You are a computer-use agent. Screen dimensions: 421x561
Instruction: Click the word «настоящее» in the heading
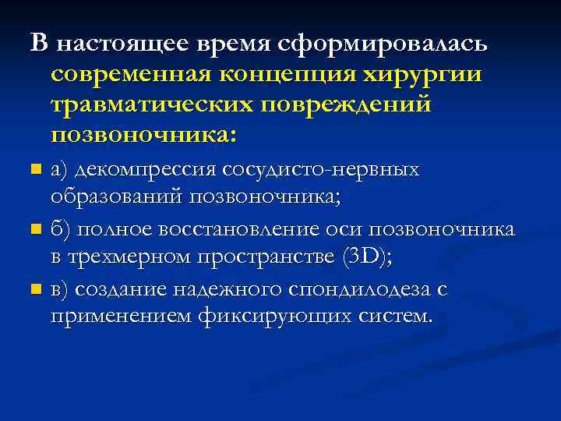tap(115, 44)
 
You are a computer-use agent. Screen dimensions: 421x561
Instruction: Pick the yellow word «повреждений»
tap(365, 104)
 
